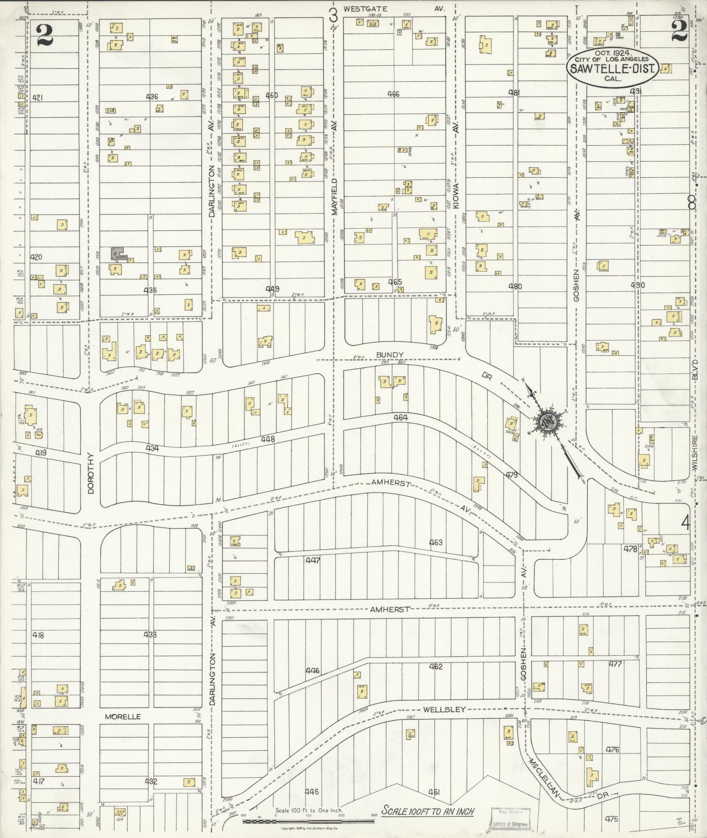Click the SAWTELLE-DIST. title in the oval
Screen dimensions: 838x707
tap(613, 68)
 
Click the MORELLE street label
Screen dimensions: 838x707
tap(123, 717)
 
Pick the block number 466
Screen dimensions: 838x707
tap(394, 94)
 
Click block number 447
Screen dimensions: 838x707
tap(313, 560)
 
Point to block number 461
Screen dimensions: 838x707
tap(434, 792)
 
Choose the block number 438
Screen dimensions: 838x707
tap(150, 635)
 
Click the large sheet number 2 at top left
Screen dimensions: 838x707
tap(45, 35)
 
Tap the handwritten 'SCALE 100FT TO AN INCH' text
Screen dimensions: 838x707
tap(427, 811)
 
